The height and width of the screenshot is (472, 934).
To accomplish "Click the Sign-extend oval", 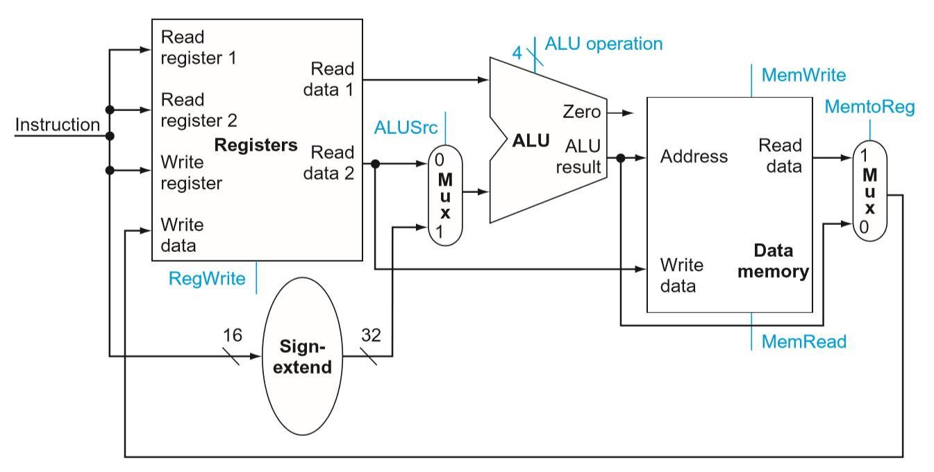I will tap(302, 357).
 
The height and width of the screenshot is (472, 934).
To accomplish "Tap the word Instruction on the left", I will tap(58, 125).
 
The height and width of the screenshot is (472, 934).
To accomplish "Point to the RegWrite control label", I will tap(207, 278).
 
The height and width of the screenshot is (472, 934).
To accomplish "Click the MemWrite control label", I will tap(803, 75).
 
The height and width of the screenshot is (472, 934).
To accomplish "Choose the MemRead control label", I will tap(803, 342).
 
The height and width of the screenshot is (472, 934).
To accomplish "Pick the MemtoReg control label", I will tap(869, 107).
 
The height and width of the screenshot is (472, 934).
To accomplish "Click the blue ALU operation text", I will tap(603, 44).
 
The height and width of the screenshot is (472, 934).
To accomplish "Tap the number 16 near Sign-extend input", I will tap(233, 335).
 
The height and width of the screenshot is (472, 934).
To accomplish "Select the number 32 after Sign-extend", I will tap(372, 335).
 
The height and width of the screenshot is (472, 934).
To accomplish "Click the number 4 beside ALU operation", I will tap(517, 53).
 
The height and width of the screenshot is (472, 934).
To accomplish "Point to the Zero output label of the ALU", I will tap(581, 112).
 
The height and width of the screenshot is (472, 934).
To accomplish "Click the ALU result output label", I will tap(578, 156).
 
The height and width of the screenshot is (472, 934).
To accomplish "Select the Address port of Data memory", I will tap(694, 156).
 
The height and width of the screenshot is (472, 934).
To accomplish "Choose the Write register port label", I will tap(191, 172).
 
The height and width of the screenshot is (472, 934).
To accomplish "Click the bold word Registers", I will tap(256, 145).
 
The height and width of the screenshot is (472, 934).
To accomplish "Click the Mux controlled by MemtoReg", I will tap(869, 191).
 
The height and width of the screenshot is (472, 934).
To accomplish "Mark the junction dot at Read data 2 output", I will tap(375, 164).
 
